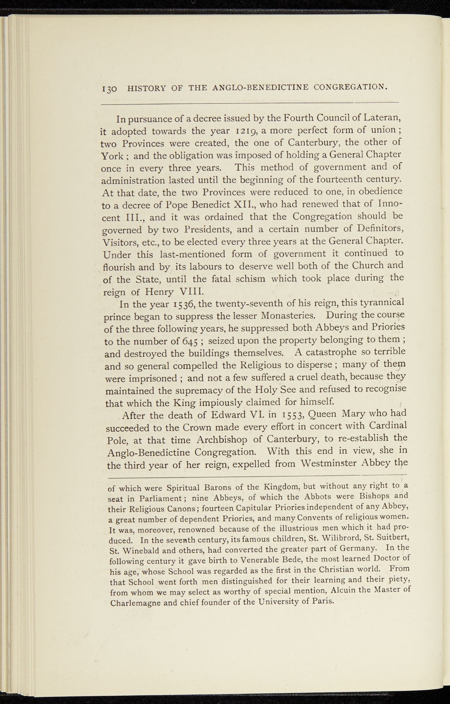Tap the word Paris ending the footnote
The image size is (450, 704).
click(x=323, y=601)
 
